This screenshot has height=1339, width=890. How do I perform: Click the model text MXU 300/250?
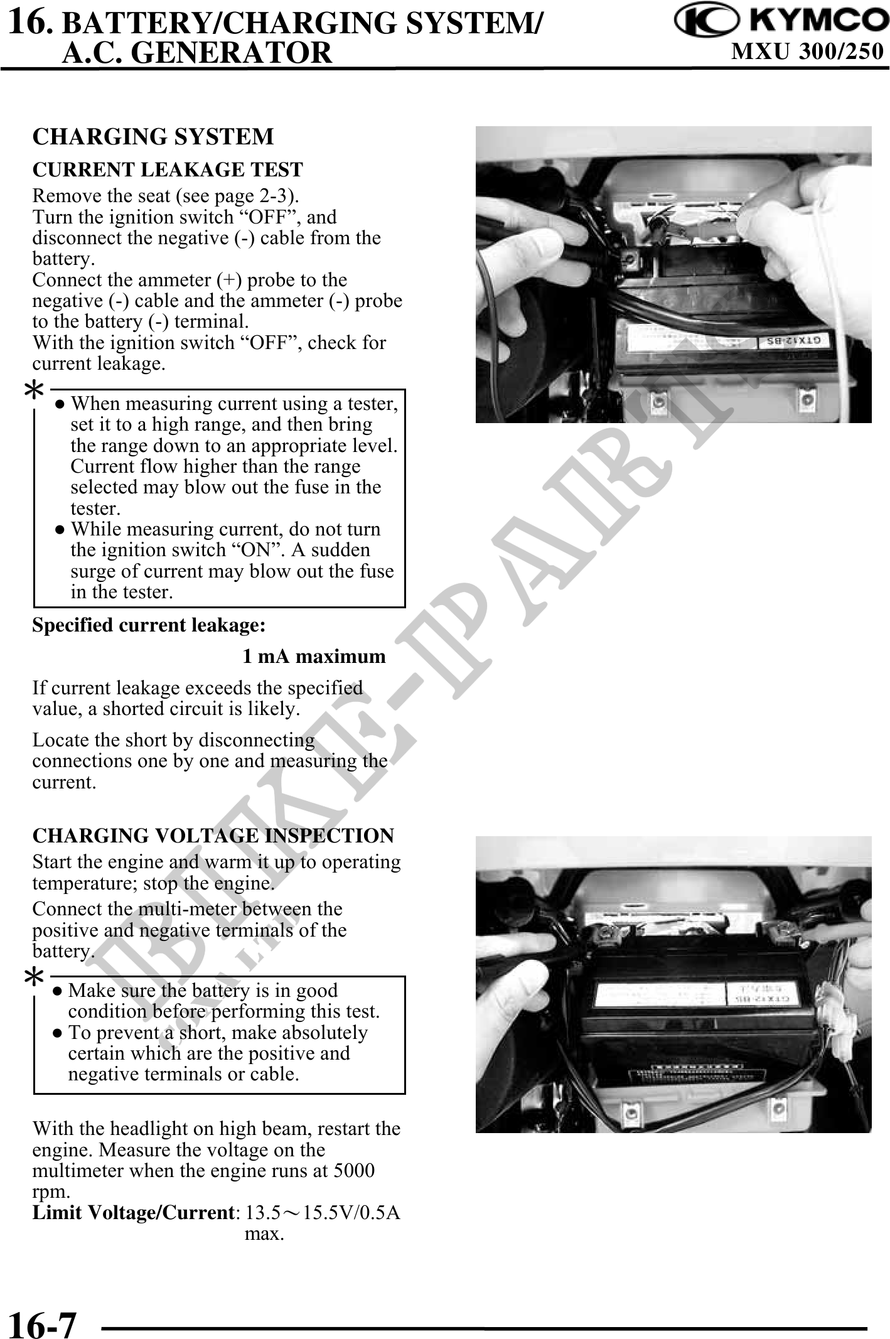click(807, 51)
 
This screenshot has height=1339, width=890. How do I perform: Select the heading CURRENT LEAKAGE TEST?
click(168, 169)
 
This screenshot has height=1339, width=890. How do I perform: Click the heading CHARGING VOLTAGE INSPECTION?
click(213, 836)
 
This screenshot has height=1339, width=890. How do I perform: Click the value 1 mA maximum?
click(314, 657)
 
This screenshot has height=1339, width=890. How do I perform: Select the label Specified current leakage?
click(149, 625)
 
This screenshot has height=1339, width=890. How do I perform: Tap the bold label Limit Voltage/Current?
click(134, 1212)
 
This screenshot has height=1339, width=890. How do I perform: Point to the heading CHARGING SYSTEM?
click(153, 136)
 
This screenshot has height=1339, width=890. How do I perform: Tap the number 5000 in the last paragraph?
click(354, 1171)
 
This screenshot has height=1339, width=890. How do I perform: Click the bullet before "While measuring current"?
click(60, 530)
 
